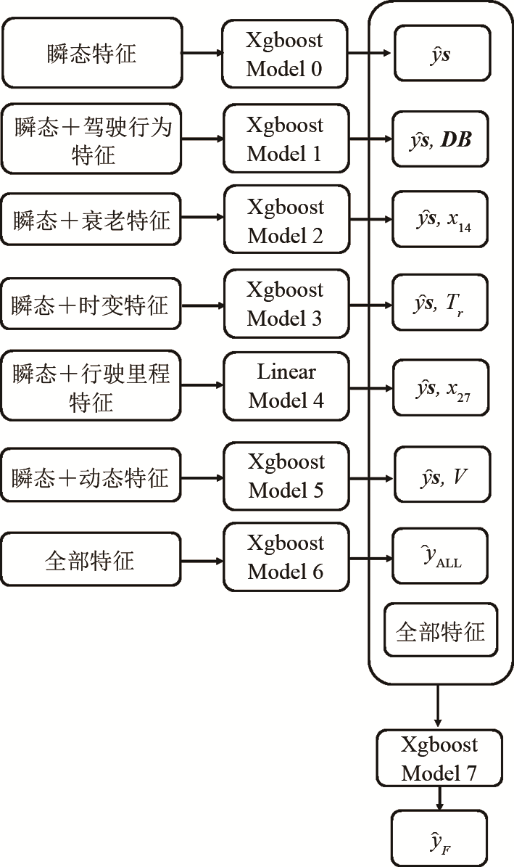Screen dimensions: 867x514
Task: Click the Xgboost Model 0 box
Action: tap(284, 54)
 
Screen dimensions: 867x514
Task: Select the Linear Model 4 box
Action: tap(286, 386)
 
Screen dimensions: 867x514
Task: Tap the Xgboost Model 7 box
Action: tap(439, 759)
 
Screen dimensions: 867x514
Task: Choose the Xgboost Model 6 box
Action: tap(285, 557)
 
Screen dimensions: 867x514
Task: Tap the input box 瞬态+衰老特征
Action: tap(90, 220)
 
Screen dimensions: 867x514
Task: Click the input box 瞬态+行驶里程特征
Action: tap(90, 386)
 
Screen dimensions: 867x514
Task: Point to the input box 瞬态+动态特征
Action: tap(90, 477)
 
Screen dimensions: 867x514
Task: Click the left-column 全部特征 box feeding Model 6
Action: tap(90, 560)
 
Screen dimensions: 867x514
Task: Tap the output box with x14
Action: tap(442, 221)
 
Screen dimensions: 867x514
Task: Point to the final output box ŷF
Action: tap(439, 839)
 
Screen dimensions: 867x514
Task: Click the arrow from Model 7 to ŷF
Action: tap(439, 799)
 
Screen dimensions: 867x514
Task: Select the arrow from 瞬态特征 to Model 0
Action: tap(202, 53)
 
